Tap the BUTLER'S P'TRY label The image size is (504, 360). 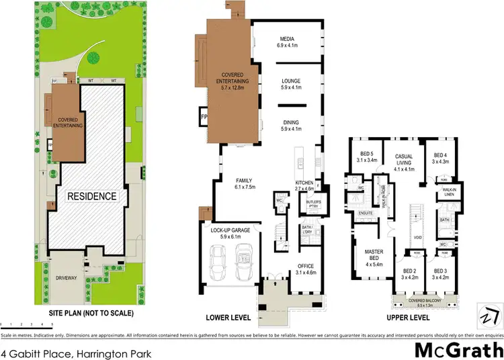click(x=312, y=204)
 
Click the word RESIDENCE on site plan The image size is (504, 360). click(x=91, y=197)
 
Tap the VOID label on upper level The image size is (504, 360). click(x=417, y=238)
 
